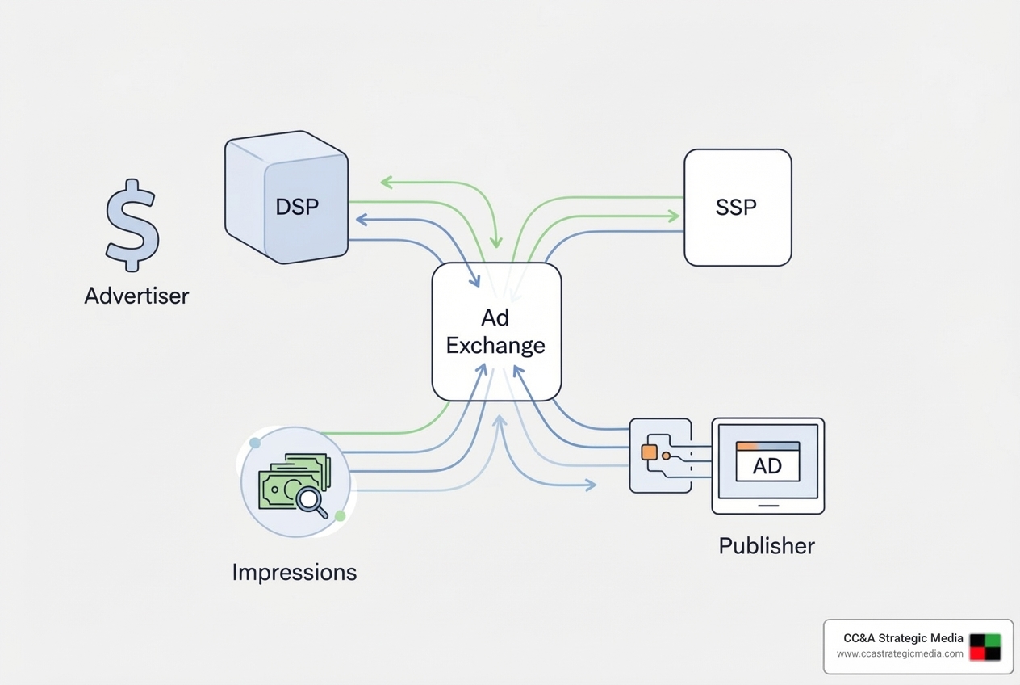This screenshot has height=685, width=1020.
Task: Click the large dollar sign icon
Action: (x=132, y=225)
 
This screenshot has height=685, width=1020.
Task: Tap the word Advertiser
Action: (x=136, y=296)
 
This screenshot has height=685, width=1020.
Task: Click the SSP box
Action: (x=737, y=208)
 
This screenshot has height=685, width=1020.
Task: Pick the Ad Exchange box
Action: (x=496, y=332)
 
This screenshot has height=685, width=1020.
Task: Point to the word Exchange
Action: (x=495, y=346)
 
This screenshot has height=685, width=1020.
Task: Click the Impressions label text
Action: (x=294, y=572)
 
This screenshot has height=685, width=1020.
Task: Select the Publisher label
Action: (x=767, y=546)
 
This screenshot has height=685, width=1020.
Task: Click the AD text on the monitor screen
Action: (x=767, y=466)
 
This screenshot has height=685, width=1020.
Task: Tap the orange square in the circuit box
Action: (x=649, y=452)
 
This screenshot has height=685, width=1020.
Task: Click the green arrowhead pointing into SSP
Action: (x=673, y=216)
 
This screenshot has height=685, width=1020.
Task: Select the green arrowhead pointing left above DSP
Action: (x=387, y=183)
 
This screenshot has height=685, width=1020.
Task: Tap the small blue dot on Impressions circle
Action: (x=255, y=443)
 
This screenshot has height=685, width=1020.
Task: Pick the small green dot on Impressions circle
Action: (x=340, y=515)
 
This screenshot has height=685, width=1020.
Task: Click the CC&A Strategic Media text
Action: (x=903, y=638)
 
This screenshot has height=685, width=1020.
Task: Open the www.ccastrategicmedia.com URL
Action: (x=899, y=653)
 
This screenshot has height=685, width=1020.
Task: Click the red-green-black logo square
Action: (x=984, y=647)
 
